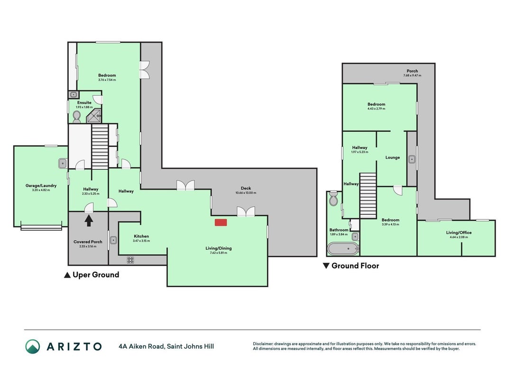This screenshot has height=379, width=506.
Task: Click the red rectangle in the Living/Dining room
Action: click(x=221, y=222)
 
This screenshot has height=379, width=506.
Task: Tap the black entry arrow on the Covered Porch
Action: click(x=89, y=221)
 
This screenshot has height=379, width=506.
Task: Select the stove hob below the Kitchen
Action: click(x=130, y=260)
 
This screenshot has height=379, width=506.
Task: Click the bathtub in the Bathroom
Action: click(x=343, y=249)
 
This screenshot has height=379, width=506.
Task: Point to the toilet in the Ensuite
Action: click(x=77, y=117)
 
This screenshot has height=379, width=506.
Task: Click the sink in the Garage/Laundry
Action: click(x=63, y=163)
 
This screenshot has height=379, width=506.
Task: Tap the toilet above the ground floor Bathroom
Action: click(x=333, y=199)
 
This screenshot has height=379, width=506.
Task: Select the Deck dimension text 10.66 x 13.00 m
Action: click(x=246, y=193)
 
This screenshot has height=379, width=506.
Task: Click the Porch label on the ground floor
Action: click(x=412, y=71)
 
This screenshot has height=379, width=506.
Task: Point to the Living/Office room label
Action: click(x=459, y=232)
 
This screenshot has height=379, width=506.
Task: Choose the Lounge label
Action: click(x=392, y=158)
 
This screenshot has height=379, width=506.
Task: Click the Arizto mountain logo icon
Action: click(x=33, y=346)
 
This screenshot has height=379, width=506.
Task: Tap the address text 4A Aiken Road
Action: click(x=142, y=346)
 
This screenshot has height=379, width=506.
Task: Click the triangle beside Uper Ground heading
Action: click(x=67, y=275)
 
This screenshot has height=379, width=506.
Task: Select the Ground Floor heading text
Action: click(x=355, y=266)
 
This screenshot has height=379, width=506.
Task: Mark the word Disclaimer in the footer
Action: click(x=263, y=344)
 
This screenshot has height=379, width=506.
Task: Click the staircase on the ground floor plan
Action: click(x=368, y=196)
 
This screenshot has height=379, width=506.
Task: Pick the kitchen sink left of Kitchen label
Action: click(x=113, y=240)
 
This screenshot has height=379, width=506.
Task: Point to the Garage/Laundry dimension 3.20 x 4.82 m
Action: click(x=41, y=190)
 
